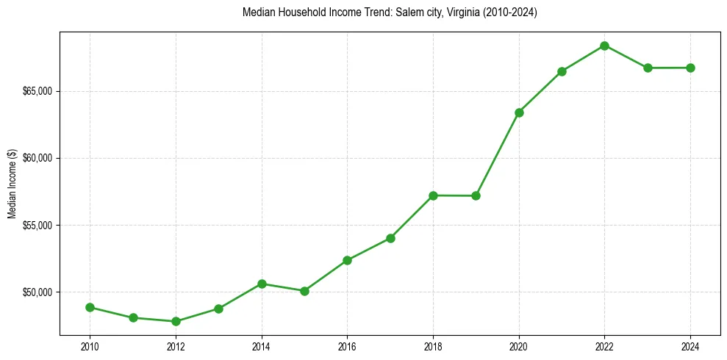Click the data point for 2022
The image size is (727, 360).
click(604, 46)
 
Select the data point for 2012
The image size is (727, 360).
click(176, 321)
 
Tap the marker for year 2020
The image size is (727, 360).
click(519, 112)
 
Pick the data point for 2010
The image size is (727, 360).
click(90, 307)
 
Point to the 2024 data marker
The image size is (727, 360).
click(690, 68)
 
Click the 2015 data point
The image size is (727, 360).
click(304, 291)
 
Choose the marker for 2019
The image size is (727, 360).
click(476, 195)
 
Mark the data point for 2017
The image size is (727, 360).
click(390, 238)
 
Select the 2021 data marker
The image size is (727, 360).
click(562, 71)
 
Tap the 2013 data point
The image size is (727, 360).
click(218, 309)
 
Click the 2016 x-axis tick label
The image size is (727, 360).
click(347, 346)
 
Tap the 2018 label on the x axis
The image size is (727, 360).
click(433, 346)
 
